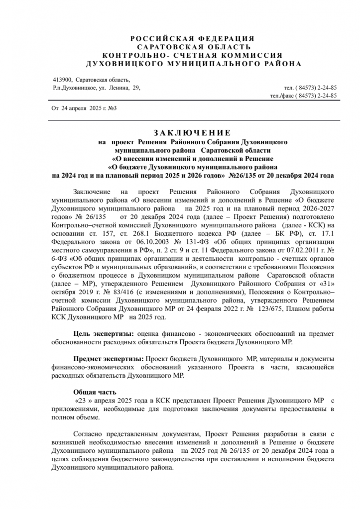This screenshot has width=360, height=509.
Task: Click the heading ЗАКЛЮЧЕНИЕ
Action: click(x=192, y=133)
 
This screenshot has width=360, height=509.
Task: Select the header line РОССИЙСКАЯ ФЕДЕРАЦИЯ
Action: click(x=192, y=38)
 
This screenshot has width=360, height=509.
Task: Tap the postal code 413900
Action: click(x=62, y=80)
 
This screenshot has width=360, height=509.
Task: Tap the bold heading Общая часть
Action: click(x=95, y=392)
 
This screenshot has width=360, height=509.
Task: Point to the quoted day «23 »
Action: click(x=83, y=401)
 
